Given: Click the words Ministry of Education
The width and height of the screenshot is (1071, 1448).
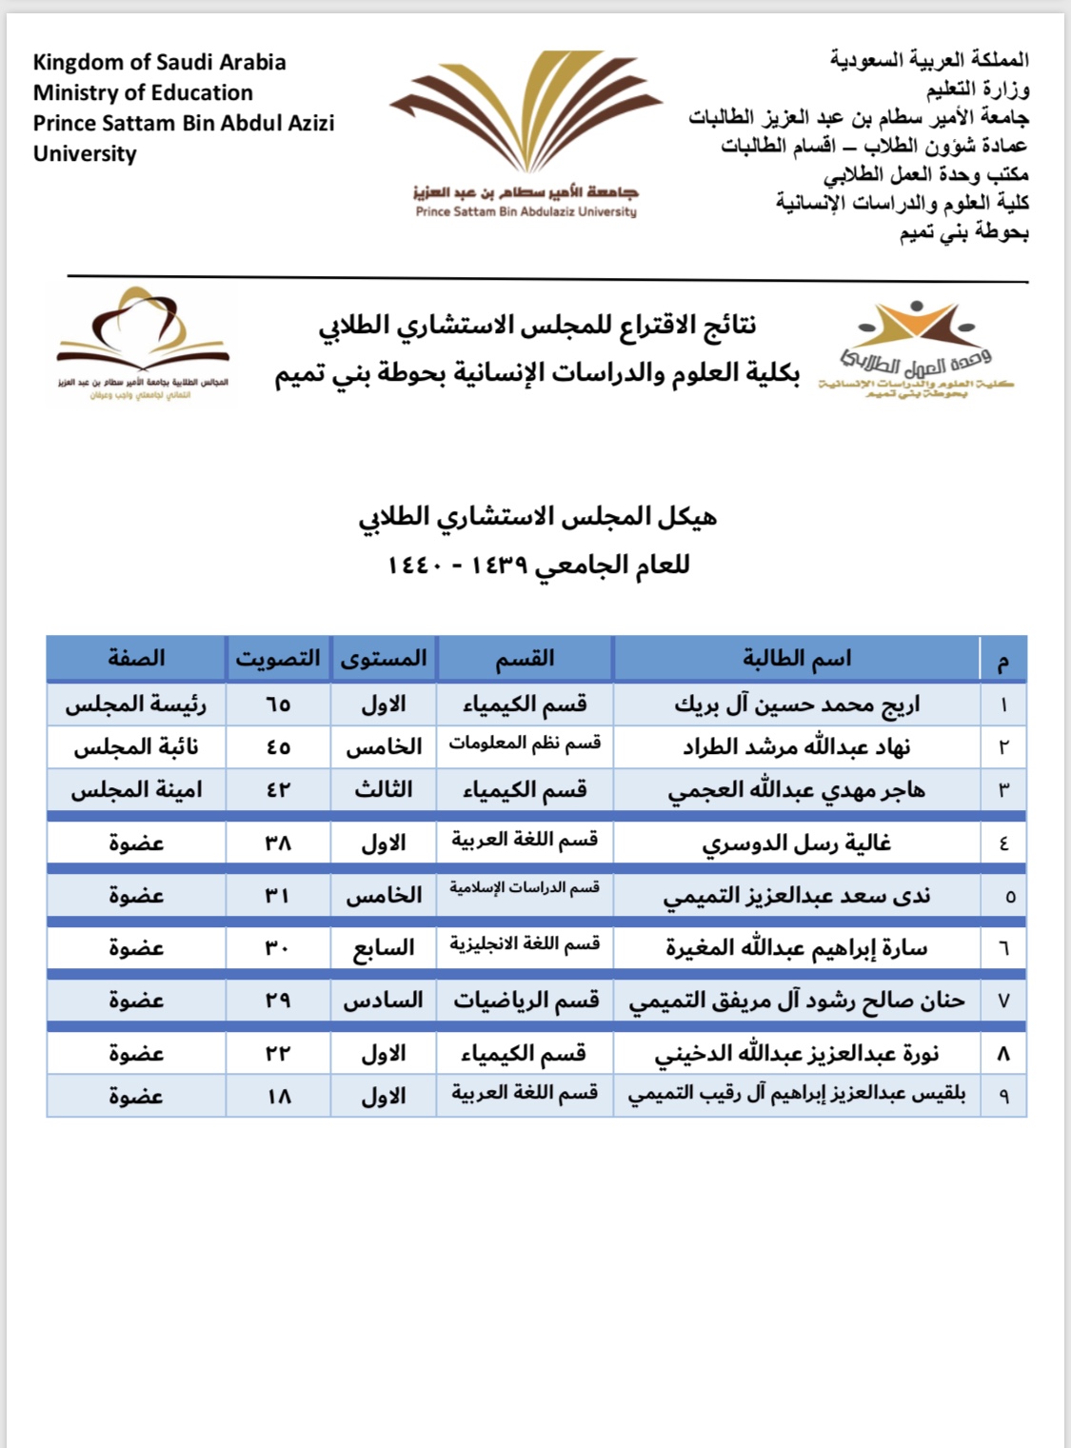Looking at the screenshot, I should click(143, 92).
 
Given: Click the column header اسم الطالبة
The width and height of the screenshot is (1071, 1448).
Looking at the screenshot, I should click(797, 659).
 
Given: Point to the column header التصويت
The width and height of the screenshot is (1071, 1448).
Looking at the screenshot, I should click(278, 659).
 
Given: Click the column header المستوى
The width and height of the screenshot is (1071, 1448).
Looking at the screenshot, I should click(384, 659).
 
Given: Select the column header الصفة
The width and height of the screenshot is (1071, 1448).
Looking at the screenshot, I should click(136, 659).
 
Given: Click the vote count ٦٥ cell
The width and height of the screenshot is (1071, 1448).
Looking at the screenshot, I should click(278, 704).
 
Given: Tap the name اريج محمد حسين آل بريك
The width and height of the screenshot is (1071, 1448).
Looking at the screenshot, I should click(797, 704).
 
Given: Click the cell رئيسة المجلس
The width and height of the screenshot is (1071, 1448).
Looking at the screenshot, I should click(136, 704).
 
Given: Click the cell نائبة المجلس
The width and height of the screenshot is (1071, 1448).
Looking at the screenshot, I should click(136, 747).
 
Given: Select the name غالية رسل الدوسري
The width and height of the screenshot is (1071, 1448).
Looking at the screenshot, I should click(797, 843).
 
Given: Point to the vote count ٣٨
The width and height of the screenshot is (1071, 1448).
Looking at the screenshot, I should click(278, 843).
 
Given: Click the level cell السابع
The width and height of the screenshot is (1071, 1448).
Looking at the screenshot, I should click(384, 948).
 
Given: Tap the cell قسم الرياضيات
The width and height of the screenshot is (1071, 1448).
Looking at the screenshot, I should click(525, 1001).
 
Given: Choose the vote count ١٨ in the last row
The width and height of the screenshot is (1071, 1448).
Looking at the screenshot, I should click(278, 1097).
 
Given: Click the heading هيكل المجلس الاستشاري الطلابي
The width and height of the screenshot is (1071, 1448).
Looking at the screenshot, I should click(538, 517).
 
